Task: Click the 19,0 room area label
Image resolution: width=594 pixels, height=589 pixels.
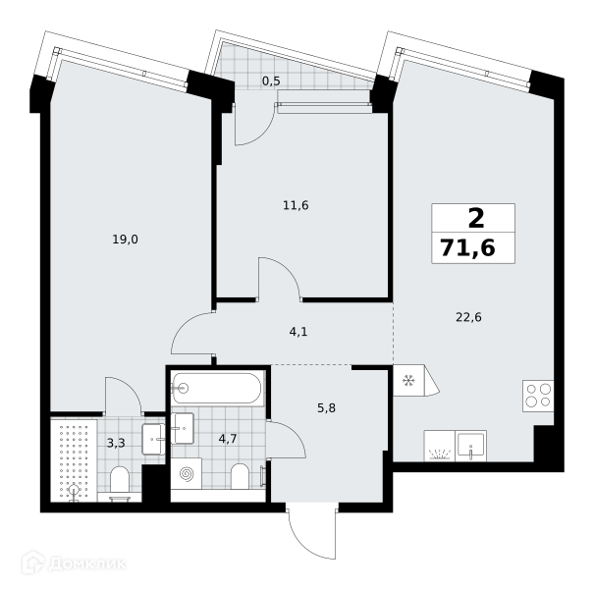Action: [x=125, y=240]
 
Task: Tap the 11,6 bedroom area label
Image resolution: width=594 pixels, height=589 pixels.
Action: [x=296, y=206]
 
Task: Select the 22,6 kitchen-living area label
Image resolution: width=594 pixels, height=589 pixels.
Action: [x=468, y=317]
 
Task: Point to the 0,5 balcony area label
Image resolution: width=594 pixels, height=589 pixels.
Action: [x=271, y=81]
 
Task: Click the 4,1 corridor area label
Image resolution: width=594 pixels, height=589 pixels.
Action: [x=298, y=332]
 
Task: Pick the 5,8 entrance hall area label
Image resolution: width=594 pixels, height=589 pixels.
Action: [x=326, y=408]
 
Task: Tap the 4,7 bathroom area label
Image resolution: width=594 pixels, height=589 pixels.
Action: [x=228, y=439]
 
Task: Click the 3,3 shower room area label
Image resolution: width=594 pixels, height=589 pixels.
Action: [x=116, y=443]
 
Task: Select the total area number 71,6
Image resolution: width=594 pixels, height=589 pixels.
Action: [x=468, y=249]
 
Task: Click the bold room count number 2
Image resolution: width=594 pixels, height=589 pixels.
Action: [x=476, y=219]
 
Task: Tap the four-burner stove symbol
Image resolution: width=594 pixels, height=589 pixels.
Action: [x=538, y=396]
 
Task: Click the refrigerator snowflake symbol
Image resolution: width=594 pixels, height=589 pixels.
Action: [x=408, y=380]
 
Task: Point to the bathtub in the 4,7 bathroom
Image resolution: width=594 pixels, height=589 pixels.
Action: [x=216, y=388]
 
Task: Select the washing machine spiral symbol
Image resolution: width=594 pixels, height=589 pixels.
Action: [x=186, y=473]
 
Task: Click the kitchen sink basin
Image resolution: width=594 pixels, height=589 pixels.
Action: [x=470, y=446]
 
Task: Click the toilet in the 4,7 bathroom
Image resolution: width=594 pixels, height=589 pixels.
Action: [x=240, y=476]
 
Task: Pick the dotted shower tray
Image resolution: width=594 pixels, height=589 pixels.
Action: [x=74, y=460]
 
